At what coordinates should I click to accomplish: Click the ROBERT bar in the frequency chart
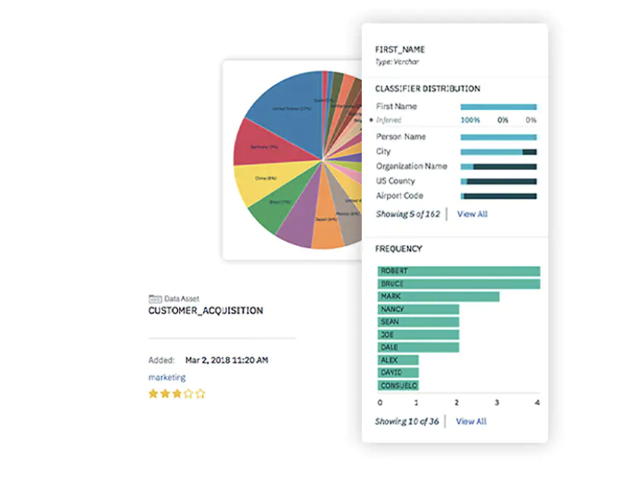458,271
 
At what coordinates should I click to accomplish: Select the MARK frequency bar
438,296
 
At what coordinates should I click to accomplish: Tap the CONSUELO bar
398,386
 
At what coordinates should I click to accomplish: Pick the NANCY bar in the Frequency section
418,309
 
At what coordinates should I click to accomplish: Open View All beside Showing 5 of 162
472,214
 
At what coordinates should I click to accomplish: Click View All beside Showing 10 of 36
471,421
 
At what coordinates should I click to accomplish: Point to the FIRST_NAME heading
400,50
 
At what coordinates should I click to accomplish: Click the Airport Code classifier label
400,195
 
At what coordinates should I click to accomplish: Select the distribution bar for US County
498,181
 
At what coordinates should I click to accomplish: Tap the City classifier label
383,152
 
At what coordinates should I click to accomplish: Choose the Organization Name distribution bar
498,166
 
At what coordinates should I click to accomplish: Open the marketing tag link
167,377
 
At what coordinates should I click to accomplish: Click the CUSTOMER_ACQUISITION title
206,311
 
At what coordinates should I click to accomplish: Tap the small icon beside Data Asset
155,298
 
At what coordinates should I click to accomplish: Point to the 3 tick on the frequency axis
497,403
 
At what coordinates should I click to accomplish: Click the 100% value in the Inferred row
470,120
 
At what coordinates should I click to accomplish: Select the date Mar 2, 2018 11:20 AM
227,360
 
